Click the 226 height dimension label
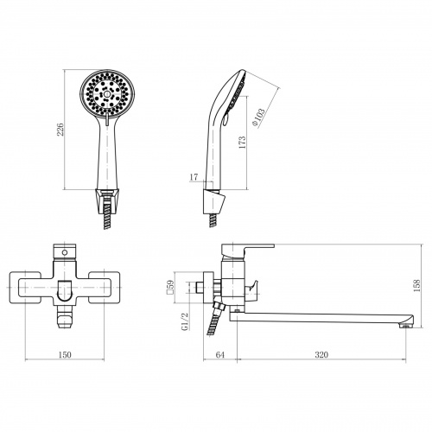pos(60,130)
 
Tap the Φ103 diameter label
pos(258,118)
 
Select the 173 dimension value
pos(243,142)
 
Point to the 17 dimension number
pos(194,177)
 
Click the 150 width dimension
pos(65,354)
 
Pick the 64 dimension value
pos(219,354)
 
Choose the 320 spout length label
pos(321,354)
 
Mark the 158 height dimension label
pos(416,286)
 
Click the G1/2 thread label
pos(186,321)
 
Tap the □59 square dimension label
pos(170,287)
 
